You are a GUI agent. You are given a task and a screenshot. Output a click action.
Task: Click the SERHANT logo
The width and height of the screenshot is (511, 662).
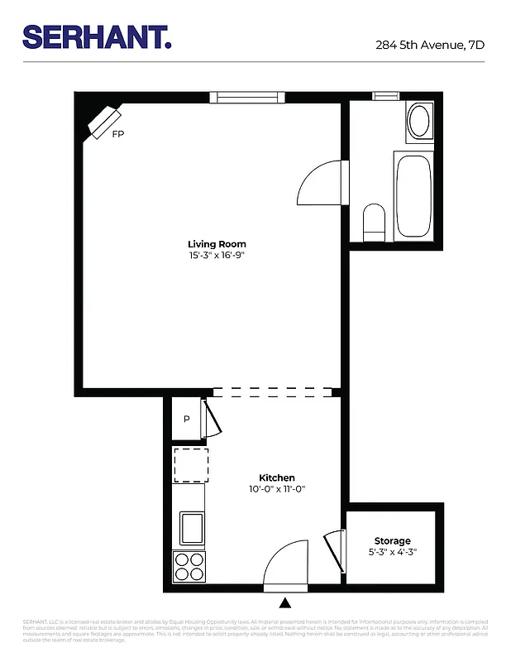tap(97, 36)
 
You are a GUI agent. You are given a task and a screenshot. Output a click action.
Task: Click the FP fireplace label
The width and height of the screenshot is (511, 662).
tap(119, 133)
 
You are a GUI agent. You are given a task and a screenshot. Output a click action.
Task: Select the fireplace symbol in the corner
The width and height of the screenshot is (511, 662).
tap(104, 122)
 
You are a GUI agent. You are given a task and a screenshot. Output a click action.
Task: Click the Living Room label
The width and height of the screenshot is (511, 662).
tap(217, 244)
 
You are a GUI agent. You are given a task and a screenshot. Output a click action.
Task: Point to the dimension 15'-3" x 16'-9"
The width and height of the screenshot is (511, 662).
tap(217, 256)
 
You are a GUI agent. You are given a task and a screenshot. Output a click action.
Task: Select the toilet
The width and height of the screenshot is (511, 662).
tap(375, 222)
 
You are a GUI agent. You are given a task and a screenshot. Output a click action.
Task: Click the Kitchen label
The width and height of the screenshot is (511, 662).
tap(277, 478)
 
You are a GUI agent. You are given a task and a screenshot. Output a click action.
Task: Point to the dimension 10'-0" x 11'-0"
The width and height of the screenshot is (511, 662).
tap(277, 490)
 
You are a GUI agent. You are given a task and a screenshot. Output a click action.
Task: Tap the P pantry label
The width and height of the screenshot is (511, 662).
tap(187, 419)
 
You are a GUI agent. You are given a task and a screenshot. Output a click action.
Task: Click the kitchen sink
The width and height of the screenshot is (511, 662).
tap(191, 526)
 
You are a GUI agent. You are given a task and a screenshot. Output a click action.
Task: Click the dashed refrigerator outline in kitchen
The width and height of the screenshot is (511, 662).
tap(190, 464)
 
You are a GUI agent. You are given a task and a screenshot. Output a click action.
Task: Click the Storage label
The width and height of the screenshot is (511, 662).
tap(392, 540)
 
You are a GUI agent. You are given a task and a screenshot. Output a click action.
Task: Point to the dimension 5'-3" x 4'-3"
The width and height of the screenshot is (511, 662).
tap(392, 552)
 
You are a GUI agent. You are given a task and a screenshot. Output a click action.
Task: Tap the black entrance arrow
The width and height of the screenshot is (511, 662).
tap(285, 602)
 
